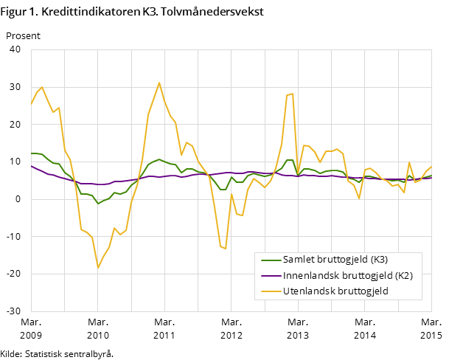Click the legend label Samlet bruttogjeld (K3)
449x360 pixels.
coord(335,260)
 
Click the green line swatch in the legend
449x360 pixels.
coord(271,260)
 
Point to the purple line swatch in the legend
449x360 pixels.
coord(271,275)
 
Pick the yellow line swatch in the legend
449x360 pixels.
coord(271,291)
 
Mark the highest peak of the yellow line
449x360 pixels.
coord(159,83)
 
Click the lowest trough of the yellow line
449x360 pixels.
coord(98,267)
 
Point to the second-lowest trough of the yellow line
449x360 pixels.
coord(225,249)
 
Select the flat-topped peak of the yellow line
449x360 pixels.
coord(290,94)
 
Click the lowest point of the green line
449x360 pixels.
coord(98,204)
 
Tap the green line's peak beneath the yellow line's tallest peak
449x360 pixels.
coord(159,159)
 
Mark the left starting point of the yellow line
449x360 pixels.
coord(31,104)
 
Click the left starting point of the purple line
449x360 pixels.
coord(31,166)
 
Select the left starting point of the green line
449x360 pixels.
coord(31,153)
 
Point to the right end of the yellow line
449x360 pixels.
coord(432,166)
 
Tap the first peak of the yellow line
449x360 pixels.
coord(42,87)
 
